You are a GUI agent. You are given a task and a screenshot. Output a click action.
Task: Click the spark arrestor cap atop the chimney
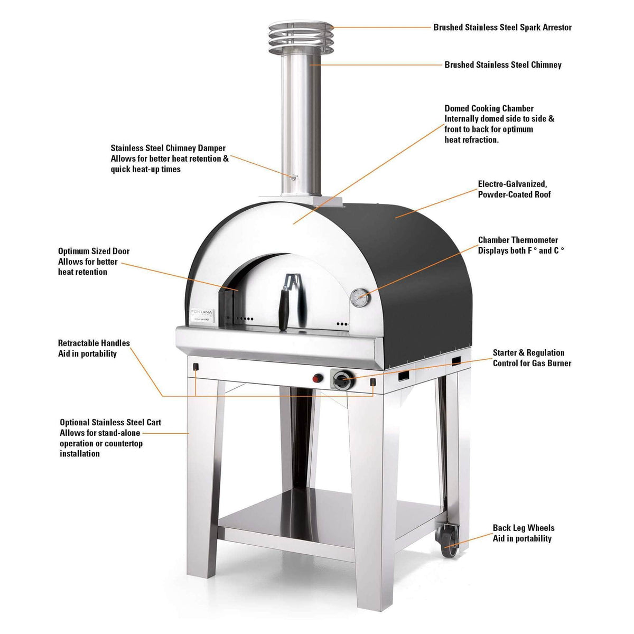coord(300,36)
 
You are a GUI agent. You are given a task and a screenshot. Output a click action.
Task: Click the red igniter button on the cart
coord(318,378)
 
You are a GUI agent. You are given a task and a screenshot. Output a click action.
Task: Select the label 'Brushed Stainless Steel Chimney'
coord(502,65)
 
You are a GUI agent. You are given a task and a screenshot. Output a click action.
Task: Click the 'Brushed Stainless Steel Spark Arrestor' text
coord(502,27)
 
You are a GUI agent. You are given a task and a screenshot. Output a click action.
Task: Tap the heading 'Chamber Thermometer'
coord(518,240)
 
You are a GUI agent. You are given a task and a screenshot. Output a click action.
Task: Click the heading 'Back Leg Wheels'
coord(523,528)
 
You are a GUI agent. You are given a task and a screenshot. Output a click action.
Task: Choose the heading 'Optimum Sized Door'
coord(94,251)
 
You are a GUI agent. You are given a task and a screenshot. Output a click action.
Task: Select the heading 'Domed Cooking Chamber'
coord(489,108)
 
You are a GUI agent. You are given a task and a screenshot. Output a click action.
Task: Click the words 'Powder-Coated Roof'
coord(514,194)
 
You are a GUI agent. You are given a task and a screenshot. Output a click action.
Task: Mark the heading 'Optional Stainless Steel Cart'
coord(110,423)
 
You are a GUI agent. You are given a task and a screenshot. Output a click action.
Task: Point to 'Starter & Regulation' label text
coord(528,353)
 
